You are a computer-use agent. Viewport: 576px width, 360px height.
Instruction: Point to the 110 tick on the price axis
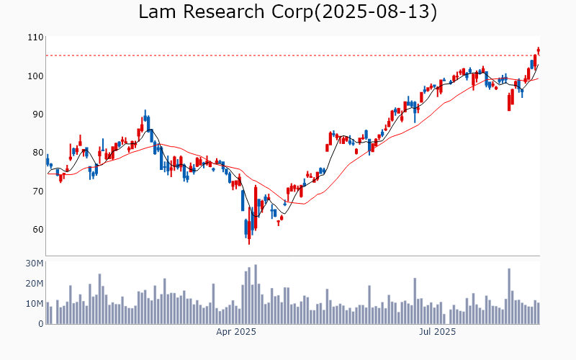pyautogui.click(x=35, y=37)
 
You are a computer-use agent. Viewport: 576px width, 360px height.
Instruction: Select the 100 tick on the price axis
pyautogui.click(x=35, y=76)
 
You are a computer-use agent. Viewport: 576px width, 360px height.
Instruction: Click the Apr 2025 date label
pyautogui.click(x=236, y=333)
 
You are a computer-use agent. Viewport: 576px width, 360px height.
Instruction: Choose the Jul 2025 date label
pyautogui.click(x=437, y=333)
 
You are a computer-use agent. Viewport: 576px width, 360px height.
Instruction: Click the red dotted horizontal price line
pyautogui.click(x=288, y=55)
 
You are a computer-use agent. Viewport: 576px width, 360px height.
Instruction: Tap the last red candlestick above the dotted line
pyautogui.click(x=538, y=50)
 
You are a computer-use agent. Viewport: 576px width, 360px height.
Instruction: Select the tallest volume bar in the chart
pyautogui.click(x=255, y=294)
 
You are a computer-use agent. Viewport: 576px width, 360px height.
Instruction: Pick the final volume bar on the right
pyautogui.click(x=538, y=313)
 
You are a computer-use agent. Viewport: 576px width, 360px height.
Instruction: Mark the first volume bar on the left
pyautogui.click(x=48, y=313)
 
